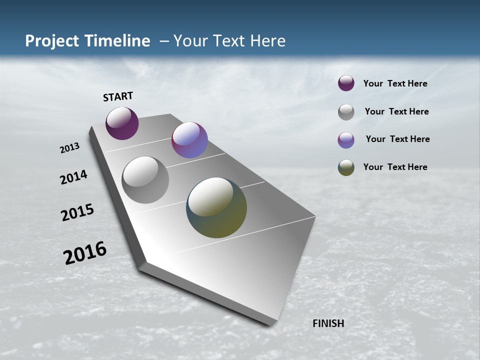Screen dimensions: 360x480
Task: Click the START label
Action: click(118, 96)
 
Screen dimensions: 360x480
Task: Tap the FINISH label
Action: click(328, 323)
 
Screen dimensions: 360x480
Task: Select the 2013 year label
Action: click(69, 148)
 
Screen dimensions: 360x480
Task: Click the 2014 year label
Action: click(73, 177)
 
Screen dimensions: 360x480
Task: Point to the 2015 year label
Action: click(77, 212)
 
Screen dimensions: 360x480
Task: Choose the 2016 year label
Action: click(85, 253)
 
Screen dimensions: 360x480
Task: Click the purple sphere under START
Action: click(122, 123)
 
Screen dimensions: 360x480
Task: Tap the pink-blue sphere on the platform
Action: click(189, 140)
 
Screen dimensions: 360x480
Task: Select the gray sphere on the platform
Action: click(145, 179)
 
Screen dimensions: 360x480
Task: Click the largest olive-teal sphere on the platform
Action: click(216, 207)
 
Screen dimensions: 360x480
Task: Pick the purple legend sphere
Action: click(346, 83)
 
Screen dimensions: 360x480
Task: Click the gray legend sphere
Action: click(346, 112)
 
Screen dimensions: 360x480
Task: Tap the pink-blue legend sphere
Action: click(346, 140)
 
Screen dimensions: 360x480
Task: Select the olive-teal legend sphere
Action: click(346, 167)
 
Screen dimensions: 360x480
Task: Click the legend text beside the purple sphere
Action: click(395, 84)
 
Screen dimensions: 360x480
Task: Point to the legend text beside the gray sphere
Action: click(396, 111)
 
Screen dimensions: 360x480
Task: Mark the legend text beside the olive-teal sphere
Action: click(395, 167)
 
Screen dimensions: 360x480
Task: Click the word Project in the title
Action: click(52, 41)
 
